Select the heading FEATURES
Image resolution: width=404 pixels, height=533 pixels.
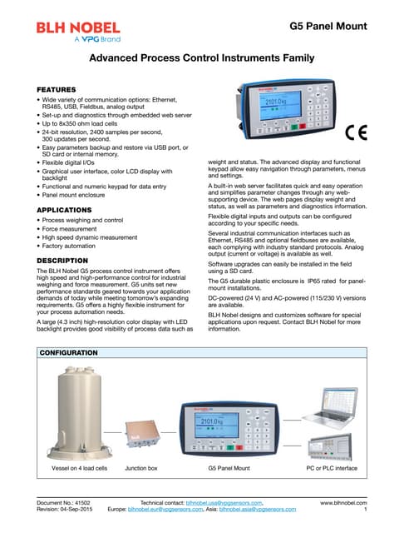(60, 87)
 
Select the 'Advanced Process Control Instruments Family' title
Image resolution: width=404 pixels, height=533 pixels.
(202, 58)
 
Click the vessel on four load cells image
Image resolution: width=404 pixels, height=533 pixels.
(72, 416)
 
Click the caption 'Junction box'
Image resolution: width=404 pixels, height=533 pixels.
(140, 469)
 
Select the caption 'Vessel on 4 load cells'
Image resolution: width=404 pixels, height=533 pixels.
(73, 469)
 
